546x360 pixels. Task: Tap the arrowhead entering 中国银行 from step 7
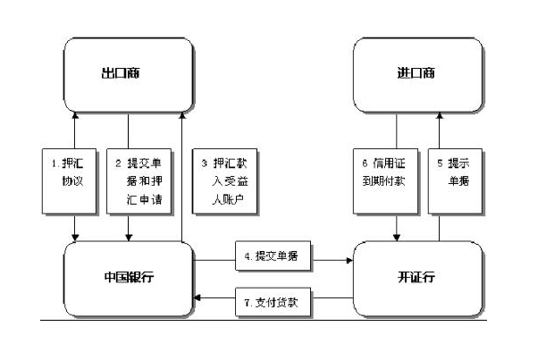click(x=199, y=297)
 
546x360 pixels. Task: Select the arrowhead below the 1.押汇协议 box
click(x=74, y=239)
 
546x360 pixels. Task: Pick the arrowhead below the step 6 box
click(x=395, y=239)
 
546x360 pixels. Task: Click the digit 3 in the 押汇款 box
click(x=205, y=164)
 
